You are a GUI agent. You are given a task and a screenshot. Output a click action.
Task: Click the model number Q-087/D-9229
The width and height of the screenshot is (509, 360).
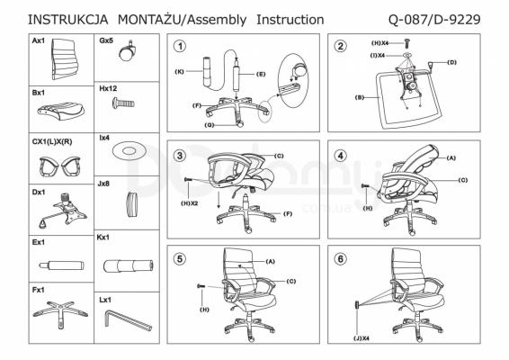[x=434, y=20]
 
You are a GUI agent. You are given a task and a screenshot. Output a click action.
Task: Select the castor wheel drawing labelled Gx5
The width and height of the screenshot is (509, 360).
[x=128, y=51]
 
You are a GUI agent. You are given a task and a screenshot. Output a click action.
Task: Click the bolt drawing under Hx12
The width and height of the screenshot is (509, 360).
[x=123, y=103]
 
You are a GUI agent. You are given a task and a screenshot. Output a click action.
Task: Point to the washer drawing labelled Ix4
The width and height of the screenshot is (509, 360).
[x=129, y=151]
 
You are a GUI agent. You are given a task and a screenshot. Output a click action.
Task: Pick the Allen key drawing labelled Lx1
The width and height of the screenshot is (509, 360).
[x=128, y=320]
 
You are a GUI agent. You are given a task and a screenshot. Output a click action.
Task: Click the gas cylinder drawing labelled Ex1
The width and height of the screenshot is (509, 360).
[x=61, y=265]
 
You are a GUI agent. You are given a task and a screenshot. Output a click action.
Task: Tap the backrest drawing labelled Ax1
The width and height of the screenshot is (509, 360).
[x=66, y=58]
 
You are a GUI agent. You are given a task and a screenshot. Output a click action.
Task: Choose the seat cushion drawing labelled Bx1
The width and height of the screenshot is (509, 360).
[x=61, y=111]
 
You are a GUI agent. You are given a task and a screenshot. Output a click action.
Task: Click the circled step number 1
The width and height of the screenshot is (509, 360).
[x=180, y=46]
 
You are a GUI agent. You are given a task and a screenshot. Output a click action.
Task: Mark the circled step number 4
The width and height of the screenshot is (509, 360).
[x=341, y=156]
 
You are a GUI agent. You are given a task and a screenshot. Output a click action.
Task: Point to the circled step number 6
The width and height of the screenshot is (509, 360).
[x=341, y=259]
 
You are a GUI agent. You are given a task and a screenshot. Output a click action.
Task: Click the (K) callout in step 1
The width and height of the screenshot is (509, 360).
[x=180, y=71]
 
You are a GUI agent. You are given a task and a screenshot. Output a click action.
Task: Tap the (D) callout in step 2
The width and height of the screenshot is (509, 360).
[x=451, y=62]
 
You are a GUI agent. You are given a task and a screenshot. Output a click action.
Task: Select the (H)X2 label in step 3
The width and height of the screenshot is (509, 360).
[x=189, y=203]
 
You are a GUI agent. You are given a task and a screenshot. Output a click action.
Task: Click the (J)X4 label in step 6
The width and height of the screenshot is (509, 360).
[x=362, y=338]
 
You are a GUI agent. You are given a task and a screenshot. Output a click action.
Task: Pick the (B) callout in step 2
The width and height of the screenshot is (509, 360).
[x=360, y=97]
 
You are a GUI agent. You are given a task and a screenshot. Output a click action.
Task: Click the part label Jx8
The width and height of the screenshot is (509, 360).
[x=103, y=184]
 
